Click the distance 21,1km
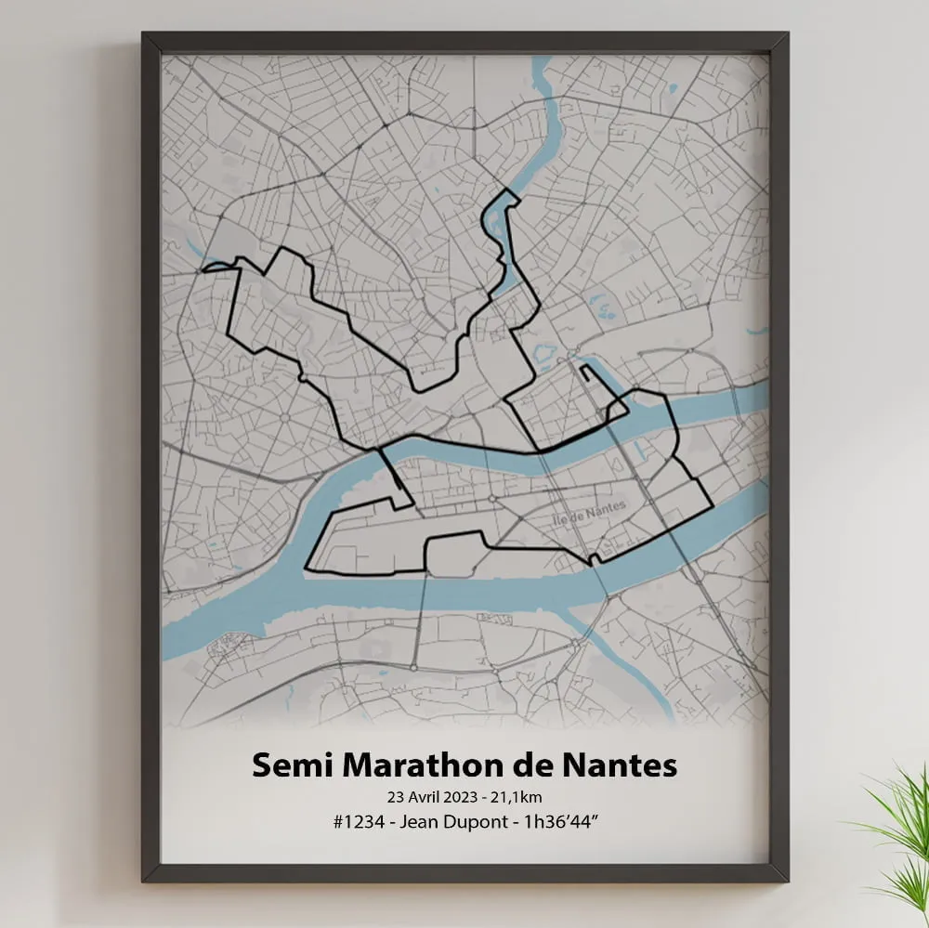[x=521, y=796]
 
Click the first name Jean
[x=423, y=822]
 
